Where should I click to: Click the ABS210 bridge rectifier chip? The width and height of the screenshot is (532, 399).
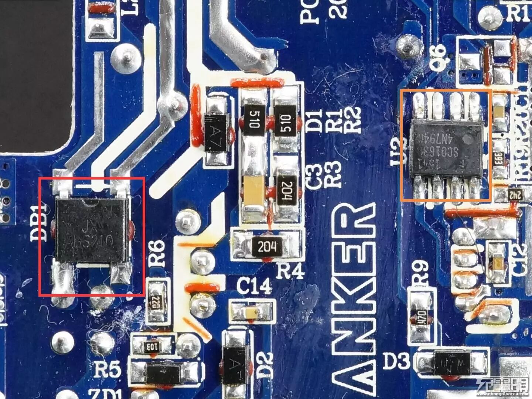tap(91, 230)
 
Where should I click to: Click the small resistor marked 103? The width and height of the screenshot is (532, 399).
tap(151, 347)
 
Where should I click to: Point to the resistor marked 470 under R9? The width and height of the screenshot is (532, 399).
tap(422, 317)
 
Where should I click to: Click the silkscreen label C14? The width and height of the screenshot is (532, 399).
tap(254, 286)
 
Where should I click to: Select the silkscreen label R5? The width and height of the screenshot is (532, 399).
tap(107, 369)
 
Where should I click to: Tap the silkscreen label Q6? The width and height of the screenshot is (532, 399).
tap(440, 57)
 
